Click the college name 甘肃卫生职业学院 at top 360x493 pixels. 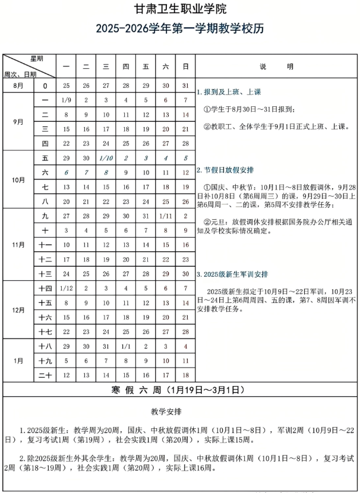[179, 10]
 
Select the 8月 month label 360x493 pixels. [18, 86]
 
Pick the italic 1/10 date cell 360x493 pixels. [106, 158]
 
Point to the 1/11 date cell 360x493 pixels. [166, 216]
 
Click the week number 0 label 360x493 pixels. [45, 86]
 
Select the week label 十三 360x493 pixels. [45, 273]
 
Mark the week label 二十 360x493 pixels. [45, 375]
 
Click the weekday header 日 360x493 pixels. [185, 67]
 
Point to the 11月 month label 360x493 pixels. [18, 244]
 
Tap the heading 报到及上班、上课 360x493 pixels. [231, 92]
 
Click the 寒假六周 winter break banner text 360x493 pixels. [179, 390]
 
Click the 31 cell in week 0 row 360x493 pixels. [185, 86]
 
